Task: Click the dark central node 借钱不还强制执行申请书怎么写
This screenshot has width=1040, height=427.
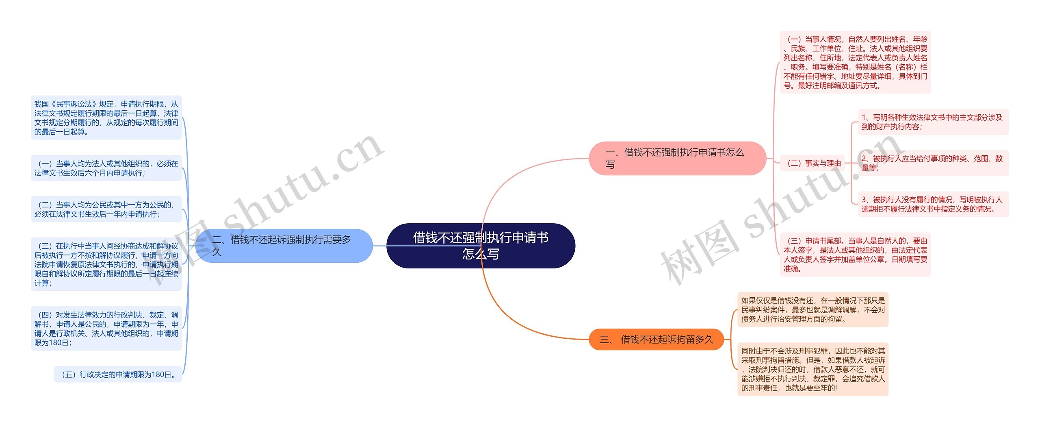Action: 481,246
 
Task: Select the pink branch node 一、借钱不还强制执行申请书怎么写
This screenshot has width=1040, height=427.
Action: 677,158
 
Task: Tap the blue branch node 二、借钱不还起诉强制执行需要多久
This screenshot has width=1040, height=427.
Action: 284,246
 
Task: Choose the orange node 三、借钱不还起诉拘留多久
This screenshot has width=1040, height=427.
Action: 656,339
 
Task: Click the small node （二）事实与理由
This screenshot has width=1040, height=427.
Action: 814,163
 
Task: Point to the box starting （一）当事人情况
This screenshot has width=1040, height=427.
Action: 855,62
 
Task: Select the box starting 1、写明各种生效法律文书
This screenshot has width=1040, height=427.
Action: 933,122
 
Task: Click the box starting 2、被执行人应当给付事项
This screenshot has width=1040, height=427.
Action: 933,163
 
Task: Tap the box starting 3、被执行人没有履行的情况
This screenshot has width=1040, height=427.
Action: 933,204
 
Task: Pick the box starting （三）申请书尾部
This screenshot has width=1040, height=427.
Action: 855,255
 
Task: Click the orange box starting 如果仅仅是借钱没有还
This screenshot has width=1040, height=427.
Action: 813,309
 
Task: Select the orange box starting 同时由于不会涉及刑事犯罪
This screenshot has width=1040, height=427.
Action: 813,369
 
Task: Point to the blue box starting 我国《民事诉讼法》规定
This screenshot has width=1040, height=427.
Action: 106,118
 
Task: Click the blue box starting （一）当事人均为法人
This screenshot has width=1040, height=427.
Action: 106,168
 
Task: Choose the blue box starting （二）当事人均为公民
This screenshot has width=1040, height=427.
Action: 106,209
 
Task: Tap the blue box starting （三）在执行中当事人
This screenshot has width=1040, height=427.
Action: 106,264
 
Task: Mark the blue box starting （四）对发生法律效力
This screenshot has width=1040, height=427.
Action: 106,329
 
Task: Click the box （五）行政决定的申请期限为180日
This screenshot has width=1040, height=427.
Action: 118,374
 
